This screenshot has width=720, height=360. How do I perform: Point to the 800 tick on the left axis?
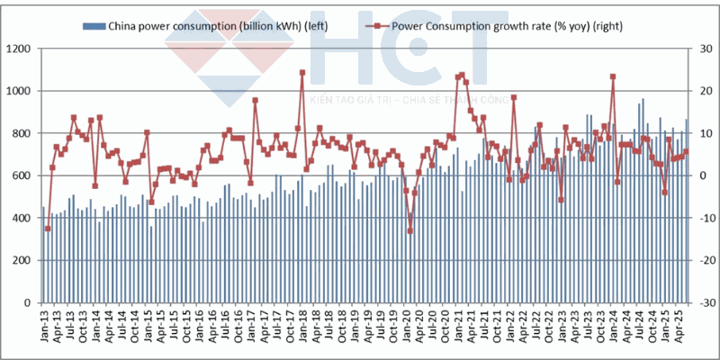point(22,133)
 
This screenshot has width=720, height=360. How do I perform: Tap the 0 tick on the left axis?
point(30,303)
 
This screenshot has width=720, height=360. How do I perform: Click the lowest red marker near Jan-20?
point(409,230)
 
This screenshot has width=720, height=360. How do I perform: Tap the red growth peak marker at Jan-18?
point(302,73)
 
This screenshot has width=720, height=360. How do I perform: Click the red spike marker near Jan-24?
point(613,76)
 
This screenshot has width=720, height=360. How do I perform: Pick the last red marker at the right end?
point(686,152)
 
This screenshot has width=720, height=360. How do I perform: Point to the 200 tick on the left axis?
point(22,261)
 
